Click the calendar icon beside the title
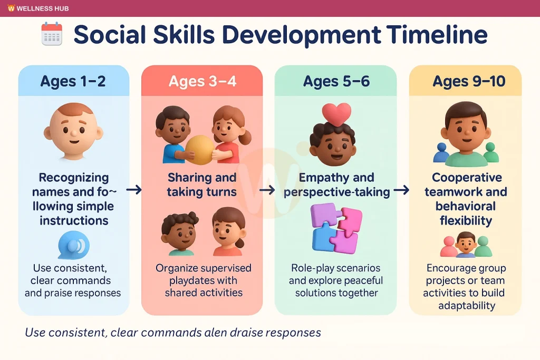click(x=52, y=34)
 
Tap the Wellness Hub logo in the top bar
click(x=12, y=8)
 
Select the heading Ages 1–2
click(x=73, y=81)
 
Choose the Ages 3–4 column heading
click(x=202, y=81)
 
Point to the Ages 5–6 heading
click(x=336, y=81)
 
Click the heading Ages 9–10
click(x=469, y=81)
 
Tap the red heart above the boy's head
click(x=336, y=114)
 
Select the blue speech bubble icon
click(x=74, y=245)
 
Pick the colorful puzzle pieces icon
click(x=336, y=228)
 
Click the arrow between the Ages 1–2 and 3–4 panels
click(x=134, y=190)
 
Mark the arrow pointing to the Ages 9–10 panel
click(x=401, y=190)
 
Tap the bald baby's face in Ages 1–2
click(x=73, y=132)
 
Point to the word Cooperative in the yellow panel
click(x=467, y=178)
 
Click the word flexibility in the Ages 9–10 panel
click(x=466, y=220)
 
